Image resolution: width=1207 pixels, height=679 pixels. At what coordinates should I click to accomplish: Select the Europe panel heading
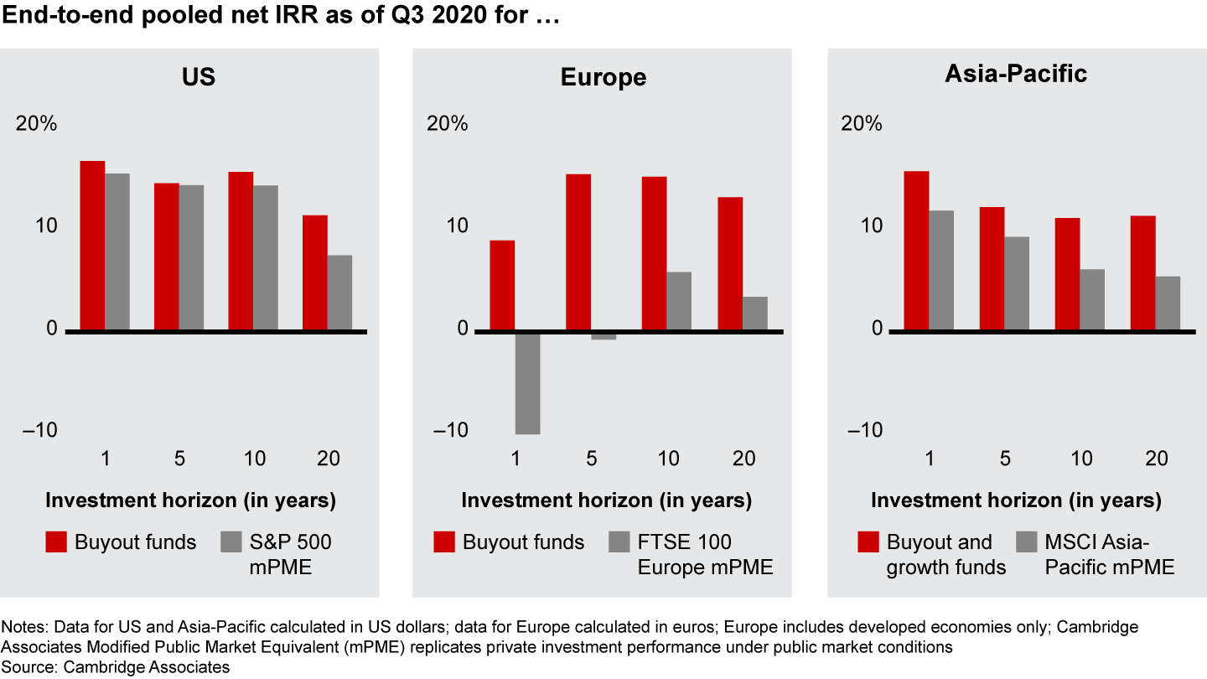[603, 77]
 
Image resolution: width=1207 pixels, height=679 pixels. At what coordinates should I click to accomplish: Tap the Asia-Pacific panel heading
[1016, 74]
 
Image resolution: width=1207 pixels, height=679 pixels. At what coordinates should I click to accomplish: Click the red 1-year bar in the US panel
[92, 246]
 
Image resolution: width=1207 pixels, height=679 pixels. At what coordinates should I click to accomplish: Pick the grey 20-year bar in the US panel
[339, 293]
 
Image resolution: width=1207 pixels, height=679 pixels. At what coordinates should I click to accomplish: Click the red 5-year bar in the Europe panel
[578, 252]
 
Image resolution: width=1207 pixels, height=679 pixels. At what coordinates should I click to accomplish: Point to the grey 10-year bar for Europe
[679, 301]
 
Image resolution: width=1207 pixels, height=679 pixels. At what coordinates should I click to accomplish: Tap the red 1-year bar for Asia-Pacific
[916, 251]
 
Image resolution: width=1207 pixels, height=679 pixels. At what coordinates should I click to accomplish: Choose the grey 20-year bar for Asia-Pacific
[1168, 303]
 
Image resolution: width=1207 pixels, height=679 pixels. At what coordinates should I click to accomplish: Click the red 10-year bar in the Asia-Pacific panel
[1067, 274]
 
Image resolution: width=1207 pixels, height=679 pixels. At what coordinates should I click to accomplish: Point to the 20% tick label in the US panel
[36, 124]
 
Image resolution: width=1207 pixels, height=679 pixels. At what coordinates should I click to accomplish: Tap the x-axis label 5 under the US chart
[179, 459]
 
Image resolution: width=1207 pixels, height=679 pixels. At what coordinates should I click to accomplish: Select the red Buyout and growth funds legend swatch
[868, 542]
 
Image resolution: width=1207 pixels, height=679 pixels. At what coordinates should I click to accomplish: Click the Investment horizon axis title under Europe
[606, 501]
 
